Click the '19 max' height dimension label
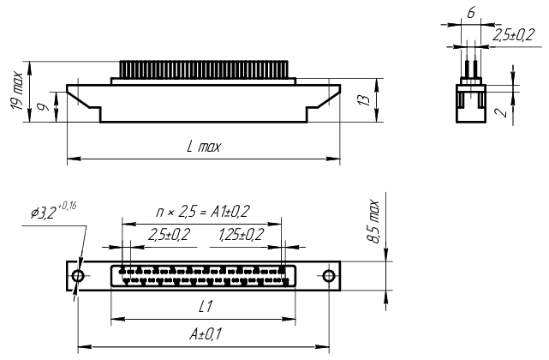click(x=17, y=91)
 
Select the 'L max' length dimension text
click(x=204, y=147)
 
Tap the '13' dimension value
click(x=364, y=100)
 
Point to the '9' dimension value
click(x=44, y=106)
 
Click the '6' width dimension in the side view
click(x=471, y=13)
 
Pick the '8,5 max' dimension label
click(x=373, y=221)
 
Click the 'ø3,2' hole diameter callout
click(x=44, y=213)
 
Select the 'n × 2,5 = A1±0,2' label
click(x=203, y=212)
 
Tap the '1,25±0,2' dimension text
click(x=241, y=235)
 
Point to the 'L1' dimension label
click(x=206, y=307)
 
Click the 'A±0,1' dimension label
click(x=206, y=334)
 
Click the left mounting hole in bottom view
click(x=78, y=276)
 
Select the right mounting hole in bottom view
click(x=328, y=276)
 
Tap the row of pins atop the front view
click(x=204, y=69)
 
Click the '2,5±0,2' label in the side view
click(x=513, y=35)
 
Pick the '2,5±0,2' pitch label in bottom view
click(x=169, y=235)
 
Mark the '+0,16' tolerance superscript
click(x=67, y=206)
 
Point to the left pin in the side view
click(x=467, y=69)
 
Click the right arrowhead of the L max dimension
click(x=333, y=159)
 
